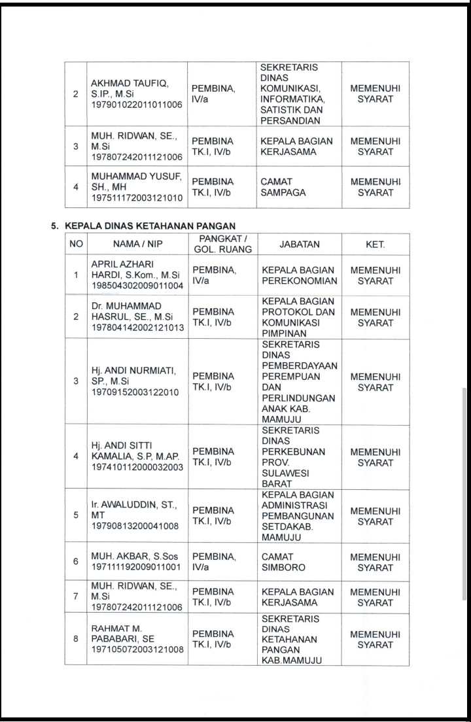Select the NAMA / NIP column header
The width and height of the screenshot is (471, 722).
[x=137, y=245]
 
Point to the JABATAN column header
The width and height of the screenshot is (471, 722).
[x=299, y=245]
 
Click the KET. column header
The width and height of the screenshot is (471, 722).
[x=375, y=245]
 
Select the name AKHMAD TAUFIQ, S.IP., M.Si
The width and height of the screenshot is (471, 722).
[x=130, y=89]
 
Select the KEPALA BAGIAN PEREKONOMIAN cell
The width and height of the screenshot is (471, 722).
[x=299, y=275]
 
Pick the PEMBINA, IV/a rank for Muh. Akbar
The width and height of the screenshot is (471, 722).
[x=214, y=562]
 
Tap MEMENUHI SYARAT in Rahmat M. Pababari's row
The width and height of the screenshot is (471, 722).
[x=375, y=639]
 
